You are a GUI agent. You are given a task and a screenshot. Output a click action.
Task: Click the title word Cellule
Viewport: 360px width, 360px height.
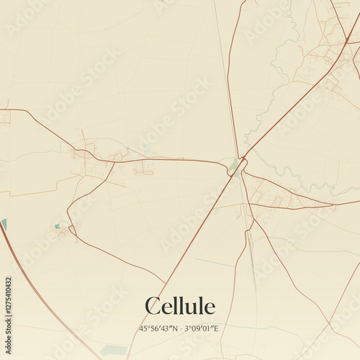pyautogui.click(x=180, y=307)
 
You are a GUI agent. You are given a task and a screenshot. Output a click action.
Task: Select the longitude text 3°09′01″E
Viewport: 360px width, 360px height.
pyautogui.click(x=202, y=328)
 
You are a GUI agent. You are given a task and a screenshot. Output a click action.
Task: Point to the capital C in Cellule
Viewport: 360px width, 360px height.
pyautogui.click(x=153, y=307)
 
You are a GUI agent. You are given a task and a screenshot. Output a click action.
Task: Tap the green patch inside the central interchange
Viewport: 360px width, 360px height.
pyautogui.click(x=233, y=167)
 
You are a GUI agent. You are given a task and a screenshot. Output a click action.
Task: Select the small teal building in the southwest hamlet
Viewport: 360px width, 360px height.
pyautogui.click(x=57, y=226)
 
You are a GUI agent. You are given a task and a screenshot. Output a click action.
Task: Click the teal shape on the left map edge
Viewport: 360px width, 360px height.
pyautogui.click(x=4, y=224)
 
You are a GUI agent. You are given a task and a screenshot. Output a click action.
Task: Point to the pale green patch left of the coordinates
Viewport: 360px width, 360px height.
pyautogui.click(x=114, y=350)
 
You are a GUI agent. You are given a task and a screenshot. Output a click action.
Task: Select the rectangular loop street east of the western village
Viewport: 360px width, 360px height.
pyautogui.click(x=143, y=168)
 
